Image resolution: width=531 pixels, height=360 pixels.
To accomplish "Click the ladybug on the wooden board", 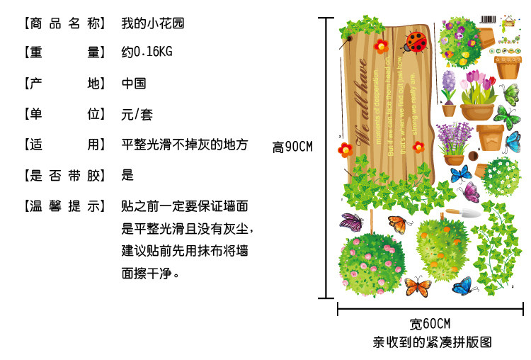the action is click(x=413, y=42).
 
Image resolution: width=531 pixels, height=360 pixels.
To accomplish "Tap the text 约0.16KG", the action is click(x=147, y=52).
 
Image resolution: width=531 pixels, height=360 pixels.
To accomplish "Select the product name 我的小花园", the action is click(x=154, y=23).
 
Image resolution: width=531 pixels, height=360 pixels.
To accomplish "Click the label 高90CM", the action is click(x=292, y=147).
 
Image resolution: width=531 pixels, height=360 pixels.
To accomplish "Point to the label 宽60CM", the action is click(x=430, y=325).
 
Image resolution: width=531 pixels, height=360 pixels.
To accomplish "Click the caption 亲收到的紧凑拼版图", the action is click(x=432, y=342).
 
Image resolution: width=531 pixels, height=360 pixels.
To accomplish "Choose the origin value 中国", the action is click(x=134, y=84).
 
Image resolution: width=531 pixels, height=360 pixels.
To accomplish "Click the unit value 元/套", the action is click(x=137, y=114).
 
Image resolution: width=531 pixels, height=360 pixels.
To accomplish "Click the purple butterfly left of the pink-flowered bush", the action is click(x=352, y=223).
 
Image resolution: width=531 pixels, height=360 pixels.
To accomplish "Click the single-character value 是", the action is click(x=127, y=175).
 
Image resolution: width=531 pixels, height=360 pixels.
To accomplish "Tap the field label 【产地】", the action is click(x=64, y=84).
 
